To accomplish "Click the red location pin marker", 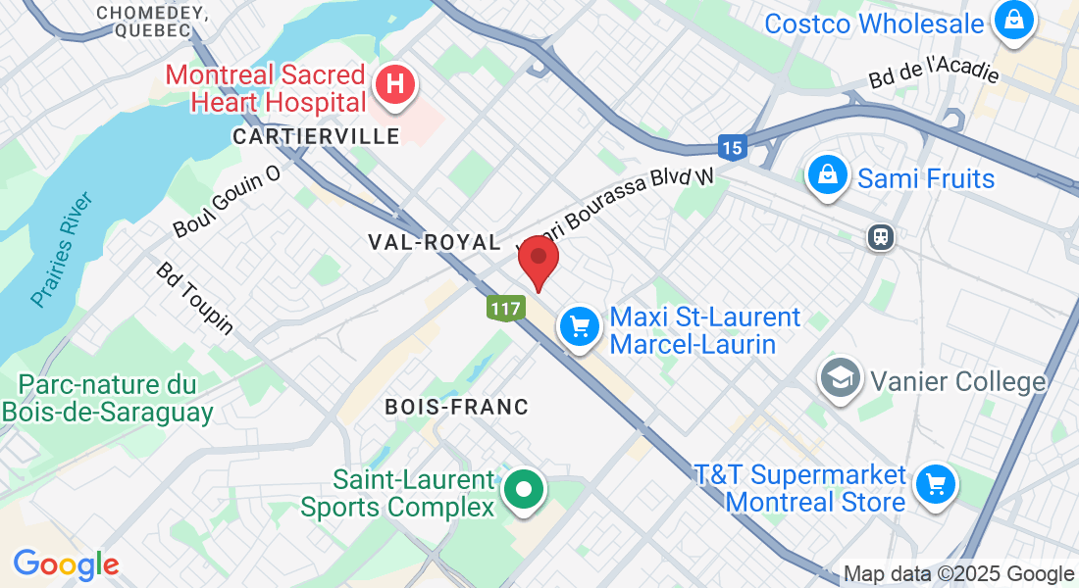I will coord(538,260).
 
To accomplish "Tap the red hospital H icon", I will coord(394,84).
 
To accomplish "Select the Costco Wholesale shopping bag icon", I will coord(1012,20).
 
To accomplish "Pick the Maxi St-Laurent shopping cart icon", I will coord(580,326).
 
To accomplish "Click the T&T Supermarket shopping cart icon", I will coord(935,484).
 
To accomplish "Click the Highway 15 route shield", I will coord(732,147).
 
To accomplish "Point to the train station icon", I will coord(880,237).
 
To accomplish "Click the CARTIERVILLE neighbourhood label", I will coord(316,136).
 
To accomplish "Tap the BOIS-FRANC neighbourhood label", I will coord(456,406).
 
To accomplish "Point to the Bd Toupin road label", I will coord(194,298).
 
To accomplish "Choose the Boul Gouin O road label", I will coord(227,201).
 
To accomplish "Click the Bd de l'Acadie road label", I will coord(933,70).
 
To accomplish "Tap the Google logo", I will coord(66,564).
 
